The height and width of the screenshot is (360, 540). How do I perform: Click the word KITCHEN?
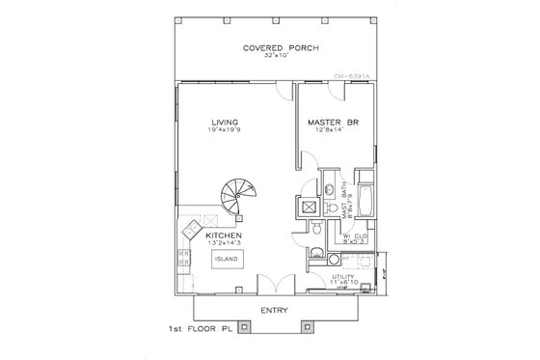[x=223, y=235]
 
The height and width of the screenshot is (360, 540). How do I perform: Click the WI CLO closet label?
[x=353, y=234]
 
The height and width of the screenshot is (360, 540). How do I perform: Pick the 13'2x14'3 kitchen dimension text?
[x=223, y=243]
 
